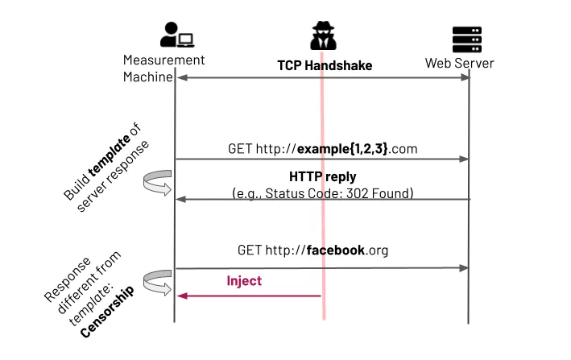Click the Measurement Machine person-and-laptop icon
tap(176, 35)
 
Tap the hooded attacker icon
tap(323, 35)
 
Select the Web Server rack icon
tap(467, 37)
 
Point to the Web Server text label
tap(460, 63)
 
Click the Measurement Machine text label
tap(164, 68)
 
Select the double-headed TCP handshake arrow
tap(322, 78)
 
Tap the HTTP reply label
tap(321, 176)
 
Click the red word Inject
tap(244, 281)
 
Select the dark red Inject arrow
tap(249, 296)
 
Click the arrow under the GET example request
tap(322, 159)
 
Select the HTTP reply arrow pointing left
tap(322, 199)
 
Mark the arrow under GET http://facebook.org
tap(322, 267)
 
